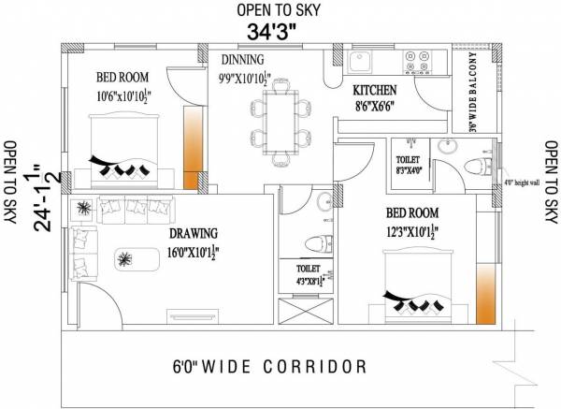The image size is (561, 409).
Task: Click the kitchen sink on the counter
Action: [x=362, y=64]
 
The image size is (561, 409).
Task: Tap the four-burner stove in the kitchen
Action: [x=416, y=64]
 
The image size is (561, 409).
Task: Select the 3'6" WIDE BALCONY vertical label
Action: [x=474, y=90]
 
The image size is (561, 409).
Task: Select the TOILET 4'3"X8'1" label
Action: [x=308, y=274]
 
